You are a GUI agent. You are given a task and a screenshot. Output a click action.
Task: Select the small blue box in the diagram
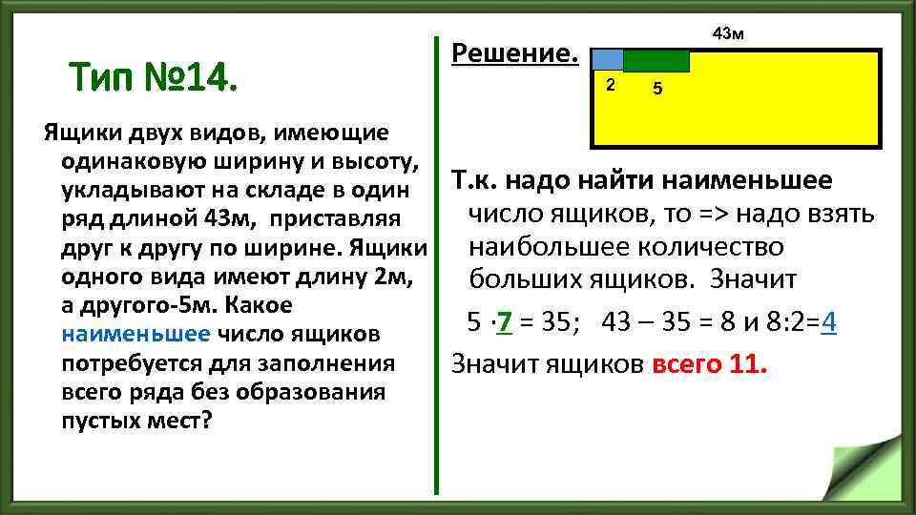pyautogui.click(x=609, y=60)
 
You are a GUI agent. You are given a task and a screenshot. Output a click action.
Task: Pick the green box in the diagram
pyautogui.click(x=656, y=60)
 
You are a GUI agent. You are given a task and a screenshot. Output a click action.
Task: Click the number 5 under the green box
pyautogui.click(x=657, y=90)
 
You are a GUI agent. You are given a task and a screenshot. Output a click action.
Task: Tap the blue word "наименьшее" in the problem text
pyautogui.click(x=135, y=335)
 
